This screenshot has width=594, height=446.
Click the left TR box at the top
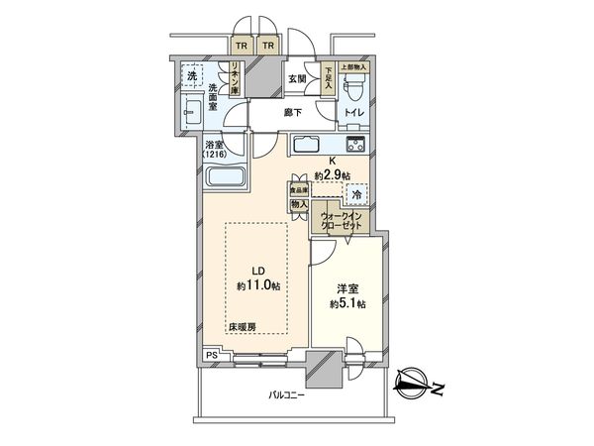coord(242,44)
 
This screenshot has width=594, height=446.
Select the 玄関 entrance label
coord(297,78)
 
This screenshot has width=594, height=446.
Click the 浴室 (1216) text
coord(213,150)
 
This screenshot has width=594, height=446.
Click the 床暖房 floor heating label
coord(242,325)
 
